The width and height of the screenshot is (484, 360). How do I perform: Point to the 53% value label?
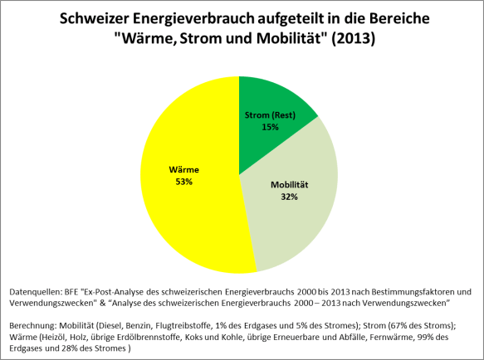[x=183, y=181]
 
